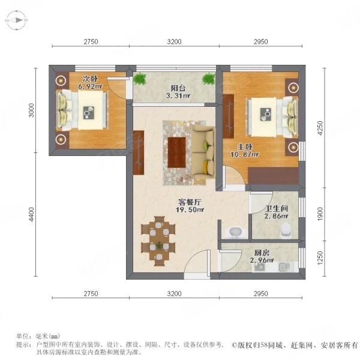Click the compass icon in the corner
point(16,21)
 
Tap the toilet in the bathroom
point(286,228)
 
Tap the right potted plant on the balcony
point(208,79)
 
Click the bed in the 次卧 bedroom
point(83,110)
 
